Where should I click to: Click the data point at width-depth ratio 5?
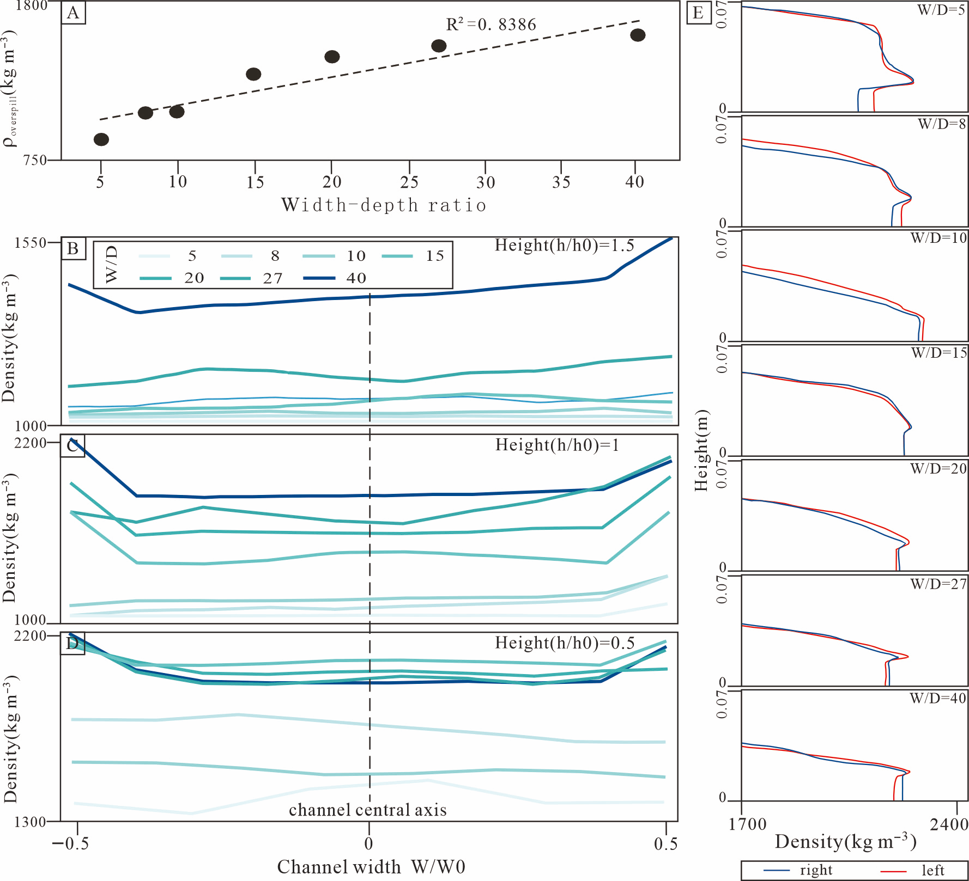[101, 139]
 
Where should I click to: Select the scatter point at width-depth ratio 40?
[638, 35]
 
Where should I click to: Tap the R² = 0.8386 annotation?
[491, 25]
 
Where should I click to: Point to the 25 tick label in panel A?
[409, 182]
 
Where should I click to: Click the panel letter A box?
[73, 13]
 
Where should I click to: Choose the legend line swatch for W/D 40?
[319, 278]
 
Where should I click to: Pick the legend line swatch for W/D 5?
[155, 256]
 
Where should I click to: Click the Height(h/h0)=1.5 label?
[564, 246]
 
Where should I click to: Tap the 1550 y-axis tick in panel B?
[30, 243]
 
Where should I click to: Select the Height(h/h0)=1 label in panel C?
[557, 445]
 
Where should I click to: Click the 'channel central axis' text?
[368, 810]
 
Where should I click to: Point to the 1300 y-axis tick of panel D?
[30, 822]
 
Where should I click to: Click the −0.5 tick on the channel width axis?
[70, 844]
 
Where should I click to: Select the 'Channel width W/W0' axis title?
[371, 867]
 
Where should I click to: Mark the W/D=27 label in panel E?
[938, 584]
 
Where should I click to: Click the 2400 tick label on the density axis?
[949, 824]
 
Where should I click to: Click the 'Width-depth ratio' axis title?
[384, 205]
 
